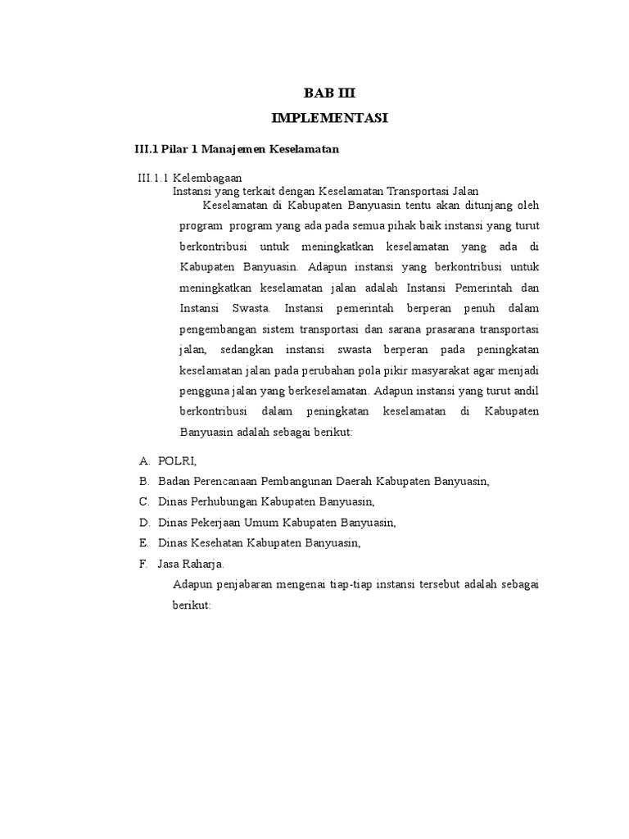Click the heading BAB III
(x=330, y=93)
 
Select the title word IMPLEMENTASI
(x=329, y=119)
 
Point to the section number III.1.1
(x=152, y=177)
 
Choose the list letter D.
(x=143, y=522)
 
